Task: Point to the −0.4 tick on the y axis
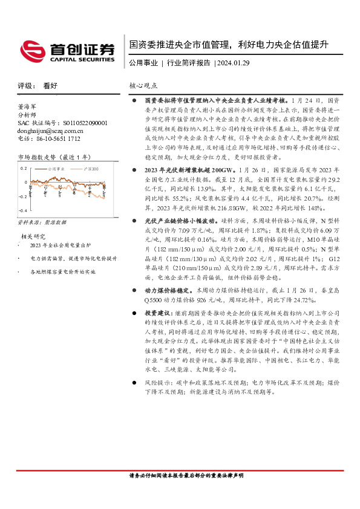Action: (x=22, y=210)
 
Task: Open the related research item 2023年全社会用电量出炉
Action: (x=61, y=245)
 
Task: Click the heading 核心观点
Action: (x=143, y=86)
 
